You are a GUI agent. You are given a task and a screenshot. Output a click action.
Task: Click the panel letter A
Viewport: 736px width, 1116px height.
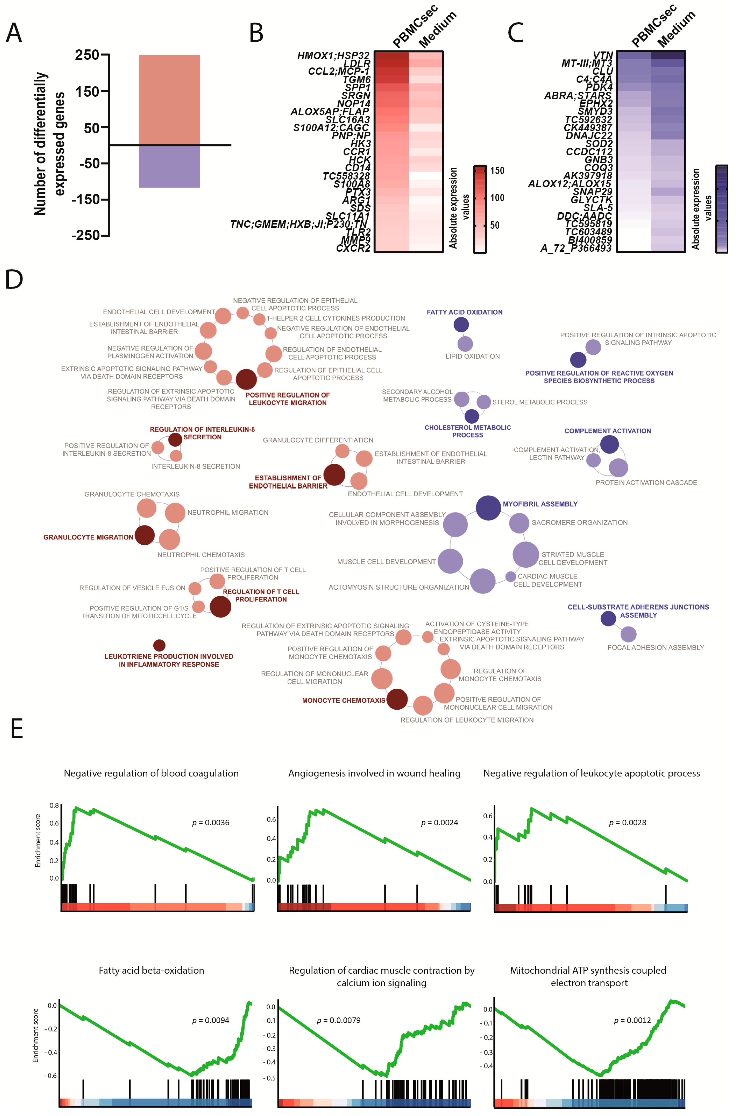pyautogui.click(x=14, y=33)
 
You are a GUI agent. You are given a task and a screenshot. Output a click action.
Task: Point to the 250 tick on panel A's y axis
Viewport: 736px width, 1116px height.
pyautogui.click(x=87, y=55)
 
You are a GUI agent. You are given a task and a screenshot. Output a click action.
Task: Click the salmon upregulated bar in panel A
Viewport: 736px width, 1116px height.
pyautogui.click(x=169, y=100)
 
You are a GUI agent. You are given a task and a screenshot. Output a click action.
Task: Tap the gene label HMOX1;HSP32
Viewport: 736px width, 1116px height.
pyautogui.click(x=333, y=56)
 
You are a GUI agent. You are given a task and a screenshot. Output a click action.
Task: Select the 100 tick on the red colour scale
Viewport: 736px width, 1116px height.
pyautogui.click(x=497, y=198)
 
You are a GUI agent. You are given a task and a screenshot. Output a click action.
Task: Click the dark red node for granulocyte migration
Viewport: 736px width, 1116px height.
pyautogui.click(x=145, y=535)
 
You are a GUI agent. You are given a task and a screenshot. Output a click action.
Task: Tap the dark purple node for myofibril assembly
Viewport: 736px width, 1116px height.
pyautogui.click(x=488, y=508)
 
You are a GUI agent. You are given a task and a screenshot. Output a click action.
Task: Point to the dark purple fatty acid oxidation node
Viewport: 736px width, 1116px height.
pyautogui.click(x=461, y=324)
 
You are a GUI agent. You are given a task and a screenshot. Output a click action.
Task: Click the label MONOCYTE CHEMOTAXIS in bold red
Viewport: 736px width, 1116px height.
pyautogui.click(x=343, y=700)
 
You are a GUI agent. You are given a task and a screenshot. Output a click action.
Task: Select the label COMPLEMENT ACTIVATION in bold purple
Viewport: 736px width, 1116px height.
pyautogui.click(x=607, y=431)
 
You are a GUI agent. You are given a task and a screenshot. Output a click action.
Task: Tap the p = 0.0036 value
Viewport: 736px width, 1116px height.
pyautogui.click(x=211, y=823)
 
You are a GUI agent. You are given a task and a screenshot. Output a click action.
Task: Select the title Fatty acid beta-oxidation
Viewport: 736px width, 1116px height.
pyautogui.click(x=151, y=971)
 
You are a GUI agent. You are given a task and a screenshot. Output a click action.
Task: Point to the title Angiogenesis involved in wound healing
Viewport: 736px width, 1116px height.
pyautogui.click(x=374, y=773)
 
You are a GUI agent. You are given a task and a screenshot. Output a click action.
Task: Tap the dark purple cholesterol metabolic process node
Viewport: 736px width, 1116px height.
pyautogui.click(x=472, y=416)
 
